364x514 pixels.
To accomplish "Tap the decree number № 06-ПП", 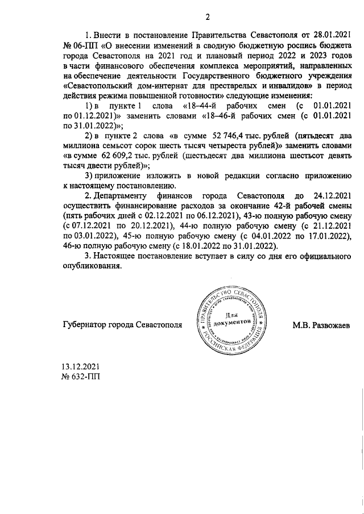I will [77, 45].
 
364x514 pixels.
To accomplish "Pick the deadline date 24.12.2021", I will [328, 196].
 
